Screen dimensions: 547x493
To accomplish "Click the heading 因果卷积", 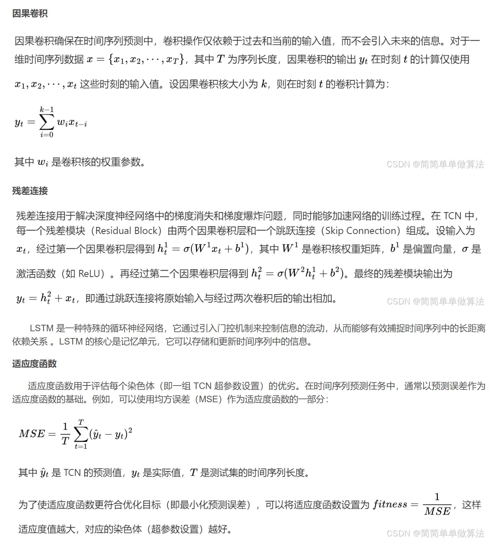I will pos(30,14).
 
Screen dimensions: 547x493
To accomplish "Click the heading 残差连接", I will pos(30,191).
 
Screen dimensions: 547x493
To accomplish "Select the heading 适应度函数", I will pos(34,363).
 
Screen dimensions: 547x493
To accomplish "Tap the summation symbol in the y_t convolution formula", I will pos(47,123).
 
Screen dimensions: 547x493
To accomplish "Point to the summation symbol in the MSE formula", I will pos(81,435).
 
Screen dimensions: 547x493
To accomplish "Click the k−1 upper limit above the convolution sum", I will pos(47,109).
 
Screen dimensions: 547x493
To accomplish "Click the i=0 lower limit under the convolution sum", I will pos(47,135).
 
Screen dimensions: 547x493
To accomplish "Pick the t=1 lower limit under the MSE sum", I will pos(81,446).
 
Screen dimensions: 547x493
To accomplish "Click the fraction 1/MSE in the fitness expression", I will pos(437,505).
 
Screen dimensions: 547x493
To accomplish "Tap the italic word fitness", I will pos(390,504).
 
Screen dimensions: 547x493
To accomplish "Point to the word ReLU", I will pos(90,273).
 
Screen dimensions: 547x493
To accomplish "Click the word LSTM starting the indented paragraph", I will pos(42,328).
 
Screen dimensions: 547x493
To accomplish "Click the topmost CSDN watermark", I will pos(435,164).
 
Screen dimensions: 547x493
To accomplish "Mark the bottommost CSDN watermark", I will pos(435,533).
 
